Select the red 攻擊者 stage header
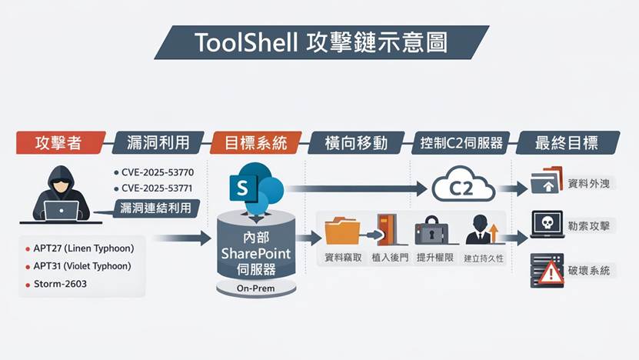point(59,142)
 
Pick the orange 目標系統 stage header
point(255,142)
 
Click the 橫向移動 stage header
point(356,142)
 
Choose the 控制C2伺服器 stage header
point(461,142)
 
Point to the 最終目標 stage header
point(566,142)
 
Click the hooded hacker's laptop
point(61,210)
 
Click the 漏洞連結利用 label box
point(157,208)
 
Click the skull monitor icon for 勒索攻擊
point(547,225)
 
